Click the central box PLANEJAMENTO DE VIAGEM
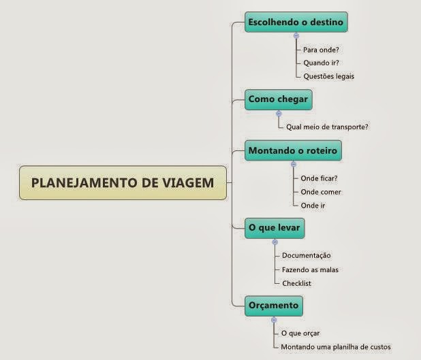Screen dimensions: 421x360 click(x=123, y=182)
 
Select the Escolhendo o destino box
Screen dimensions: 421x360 click(x=296, y=22)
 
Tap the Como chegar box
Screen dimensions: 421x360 click(x=278, y=99)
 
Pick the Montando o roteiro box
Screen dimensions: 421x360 click(x=293, y=150)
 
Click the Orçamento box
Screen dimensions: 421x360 click(x=273, y=306)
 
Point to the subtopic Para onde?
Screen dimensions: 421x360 click(x=322, y=50)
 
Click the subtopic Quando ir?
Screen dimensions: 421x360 click(x=322, y=63)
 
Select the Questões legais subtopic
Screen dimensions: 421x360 click(x=329, y=76)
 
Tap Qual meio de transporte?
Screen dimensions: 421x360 click(x=328, y=127)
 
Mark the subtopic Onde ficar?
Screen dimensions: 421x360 click(x=319, y=179)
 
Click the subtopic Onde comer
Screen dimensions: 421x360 click(x=321, y=192)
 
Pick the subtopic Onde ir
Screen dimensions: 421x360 click(x=313, y=205)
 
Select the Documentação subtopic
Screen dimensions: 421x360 click(x=307, y=256)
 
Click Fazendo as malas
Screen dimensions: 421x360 click(x=310, y=269)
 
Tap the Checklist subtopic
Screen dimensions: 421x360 click(x=296, y=283)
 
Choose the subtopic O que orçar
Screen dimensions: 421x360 click(x=300, y=333)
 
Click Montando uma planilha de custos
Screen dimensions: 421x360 click(x=336, y=347)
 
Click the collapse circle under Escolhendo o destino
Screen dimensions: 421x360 click(x=296, y=35)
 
